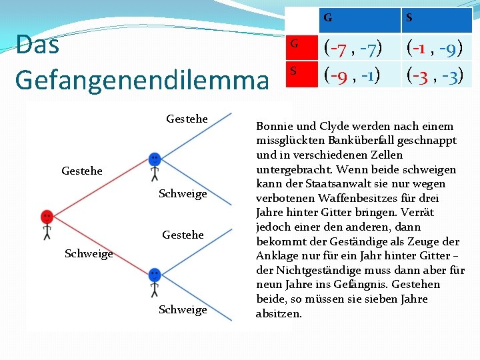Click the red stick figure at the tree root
click(47, 223)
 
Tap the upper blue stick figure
click(155, 166)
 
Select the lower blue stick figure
click(155, 280)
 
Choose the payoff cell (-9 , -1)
click(353, 74)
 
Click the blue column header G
click(328, 18)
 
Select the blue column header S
click(408, 18)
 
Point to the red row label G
click(293, 45)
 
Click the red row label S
click(293, 70)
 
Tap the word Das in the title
click(37, 45)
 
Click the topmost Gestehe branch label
click(187, 119)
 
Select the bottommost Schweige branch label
click(183, 309)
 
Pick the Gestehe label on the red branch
click(81, 171)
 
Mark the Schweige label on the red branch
click(89, 253)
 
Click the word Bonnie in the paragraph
click(275, 126)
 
